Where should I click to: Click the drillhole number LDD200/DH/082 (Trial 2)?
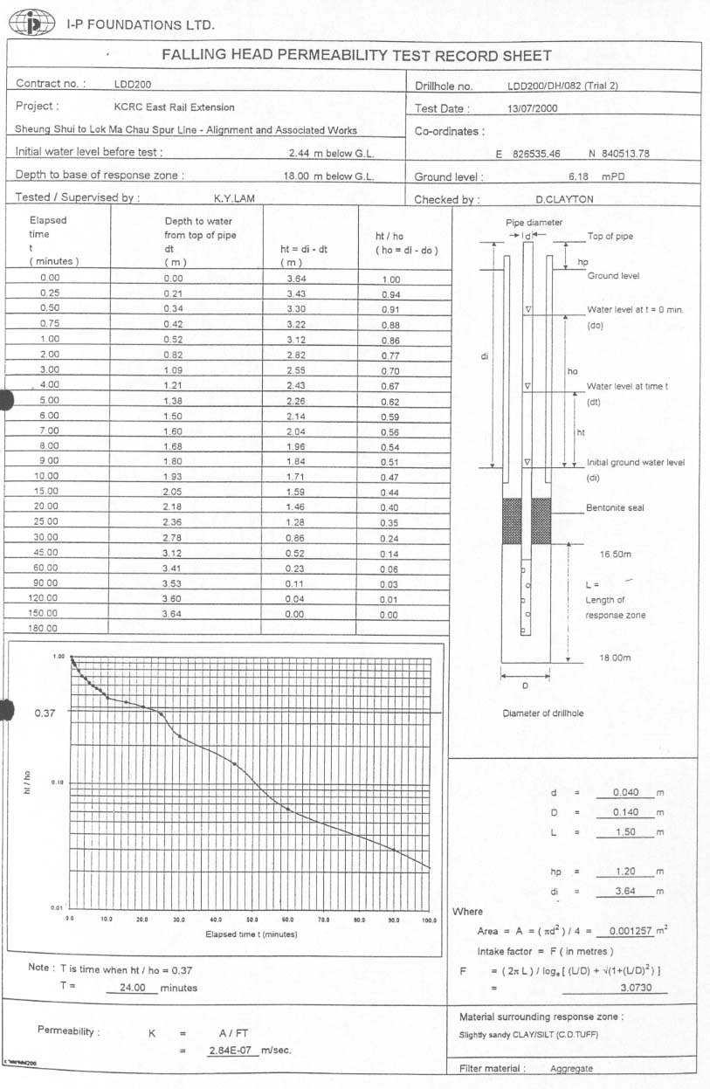563,86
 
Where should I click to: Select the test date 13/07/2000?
532,109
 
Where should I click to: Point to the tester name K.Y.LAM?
233,198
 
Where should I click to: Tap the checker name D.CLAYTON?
564,199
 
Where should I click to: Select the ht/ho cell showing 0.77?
390,355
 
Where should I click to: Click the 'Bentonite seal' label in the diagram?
615,508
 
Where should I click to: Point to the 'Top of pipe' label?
610,237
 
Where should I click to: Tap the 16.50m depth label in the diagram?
615,555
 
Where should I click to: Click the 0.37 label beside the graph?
45,713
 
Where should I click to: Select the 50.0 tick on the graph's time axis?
252,920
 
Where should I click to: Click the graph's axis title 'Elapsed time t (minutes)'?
252,935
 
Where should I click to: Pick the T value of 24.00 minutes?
131,988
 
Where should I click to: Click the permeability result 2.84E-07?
231,1050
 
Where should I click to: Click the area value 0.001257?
633,931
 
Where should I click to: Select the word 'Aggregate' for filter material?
571,1068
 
